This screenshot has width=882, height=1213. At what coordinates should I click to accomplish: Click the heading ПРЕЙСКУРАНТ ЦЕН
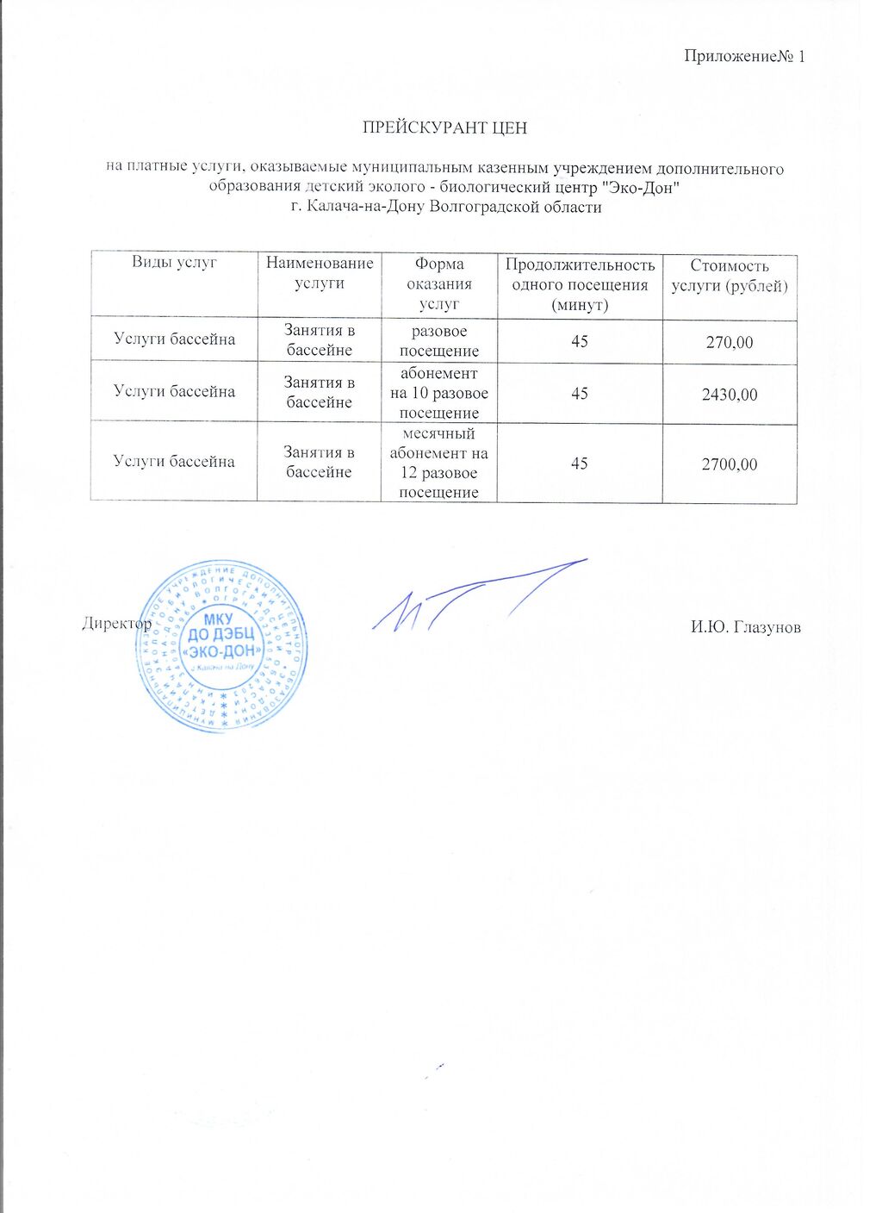tap(444, 128)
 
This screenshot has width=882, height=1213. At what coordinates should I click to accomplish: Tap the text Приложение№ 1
tap(744, 57)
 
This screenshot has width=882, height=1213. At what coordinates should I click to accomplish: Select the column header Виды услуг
tap(174, 263)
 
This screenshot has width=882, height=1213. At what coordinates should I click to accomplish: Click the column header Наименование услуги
tap(320, 273)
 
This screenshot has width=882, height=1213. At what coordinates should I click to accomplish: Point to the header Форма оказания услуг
tap(439, 283)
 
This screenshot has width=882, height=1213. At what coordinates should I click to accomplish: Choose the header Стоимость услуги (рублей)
tap(730, 276)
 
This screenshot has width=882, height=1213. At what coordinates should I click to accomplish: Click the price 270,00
tap(730, 343)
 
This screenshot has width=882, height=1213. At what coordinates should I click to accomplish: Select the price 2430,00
tap(730, 395)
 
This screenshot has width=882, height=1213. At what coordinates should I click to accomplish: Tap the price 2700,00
tap(730, 464)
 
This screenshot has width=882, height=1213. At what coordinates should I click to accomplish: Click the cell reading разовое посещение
tap(439, 341)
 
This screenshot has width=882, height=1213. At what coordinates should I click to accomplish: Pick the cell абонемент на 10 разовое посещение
tap(439, 393)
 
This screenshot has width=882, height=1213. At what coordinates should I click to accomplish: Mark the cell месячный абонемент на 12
tap(439, 463)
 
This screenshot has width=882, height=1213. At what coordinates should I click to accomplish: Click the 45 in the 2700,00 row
tap(580, 464)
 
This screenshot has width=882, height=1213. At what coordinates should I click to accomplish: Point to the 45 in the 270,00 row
tap(580, 342)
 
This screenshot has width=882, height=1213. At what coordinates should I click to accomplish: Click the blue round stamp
tap(221, 646)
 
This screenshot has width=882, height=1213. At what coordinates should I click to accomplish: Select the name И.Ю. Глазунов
tap(745, 627)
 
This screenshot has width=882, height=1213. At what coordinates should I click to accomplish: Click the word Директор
tap(117, 623)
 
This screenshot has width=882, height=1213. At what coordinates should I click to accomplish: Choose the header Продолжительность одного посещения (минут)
tap(580, 284)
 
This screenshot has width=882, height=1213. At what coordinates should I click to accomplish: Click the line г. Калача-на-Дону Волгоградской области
tap(446, 207)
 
